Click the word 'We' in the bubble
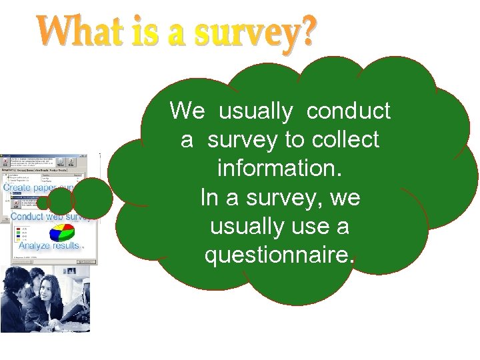[x=187, y=111]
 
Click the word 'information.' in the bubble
[x=280, y=169]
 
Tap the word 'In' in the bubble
[x=208, y=198]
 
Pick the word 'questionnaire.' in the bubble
[x=280, y=255]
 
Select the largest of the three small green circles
[x=92, y=197]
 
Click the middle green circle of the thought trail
[x=61, y=201]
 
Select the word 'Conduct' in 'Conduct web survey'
[x=27, y=217]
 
